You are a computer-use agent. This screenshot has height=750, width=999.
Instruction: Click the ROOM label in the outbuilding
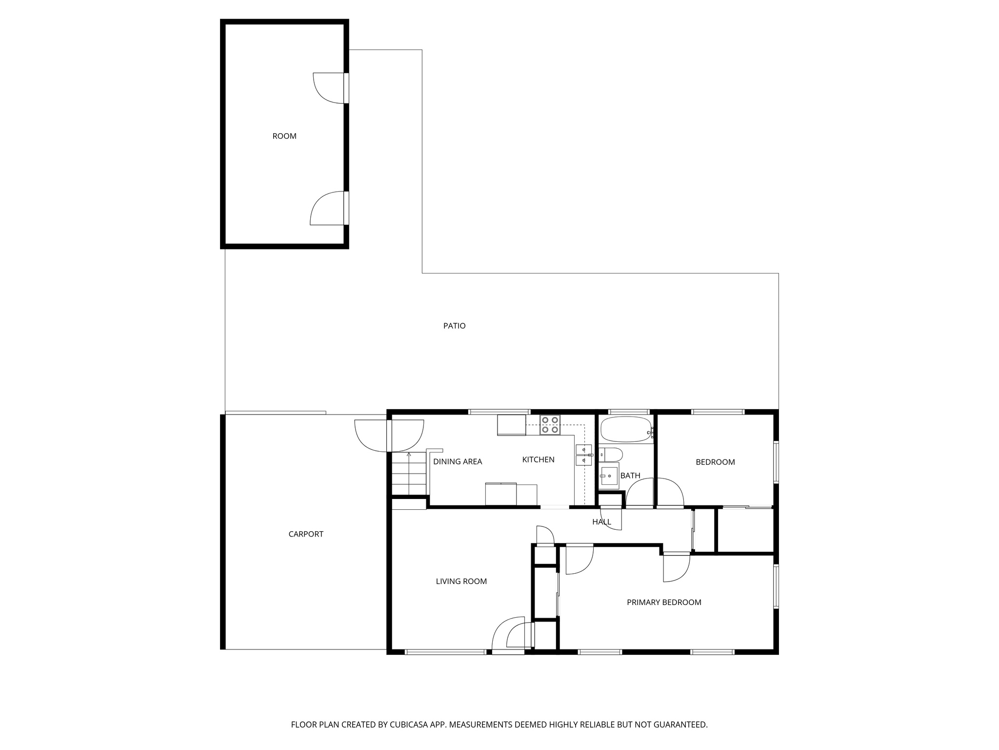[x=284, y=136]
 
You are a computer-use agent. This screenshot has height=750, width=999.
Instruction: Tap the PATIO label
[x=454, y=326]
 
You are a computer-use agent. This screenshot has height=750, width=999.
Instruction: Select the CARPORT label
[x=306, y=534]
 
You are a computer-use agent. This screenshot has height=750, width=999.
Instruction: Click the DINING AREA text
[x=458, y=462]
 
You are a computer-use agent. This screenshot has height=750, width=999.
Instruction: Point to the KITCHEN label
[x=538, y=459]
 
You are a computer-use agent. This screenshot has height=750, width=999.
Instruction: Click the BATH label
[x=630, y=476]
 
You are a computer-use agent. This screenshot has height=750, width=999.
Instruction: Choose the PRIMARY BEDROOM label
[x=664, y=603]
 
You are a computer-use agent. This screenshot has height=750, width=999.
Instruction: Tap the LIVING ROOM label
[x=461, y=581]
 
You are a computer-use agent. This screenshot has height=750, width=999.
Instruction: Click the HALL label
[x=601, y=522]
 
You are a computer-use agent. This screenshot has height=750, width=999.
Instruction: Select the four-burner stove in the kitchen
[x=550, y=425]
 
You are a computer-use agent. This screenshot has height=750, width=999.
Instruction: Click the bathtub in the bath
[x=625, y=429]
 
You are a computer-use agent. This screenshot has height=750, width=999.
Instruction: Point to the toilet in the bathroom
[x=611, y=455]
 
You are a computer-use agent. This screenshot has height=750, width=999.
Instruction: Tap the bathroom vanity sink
[x=609, y=476]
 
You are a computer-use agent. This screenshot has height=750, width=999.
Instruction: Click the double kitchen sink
[x=583, y=455]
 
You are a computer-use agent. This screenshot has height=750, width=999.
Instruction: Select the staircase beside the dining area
[x=409, y=474]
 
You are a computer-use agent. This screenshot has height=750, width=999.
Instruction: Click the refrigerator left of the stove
[x=511, y=425]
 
